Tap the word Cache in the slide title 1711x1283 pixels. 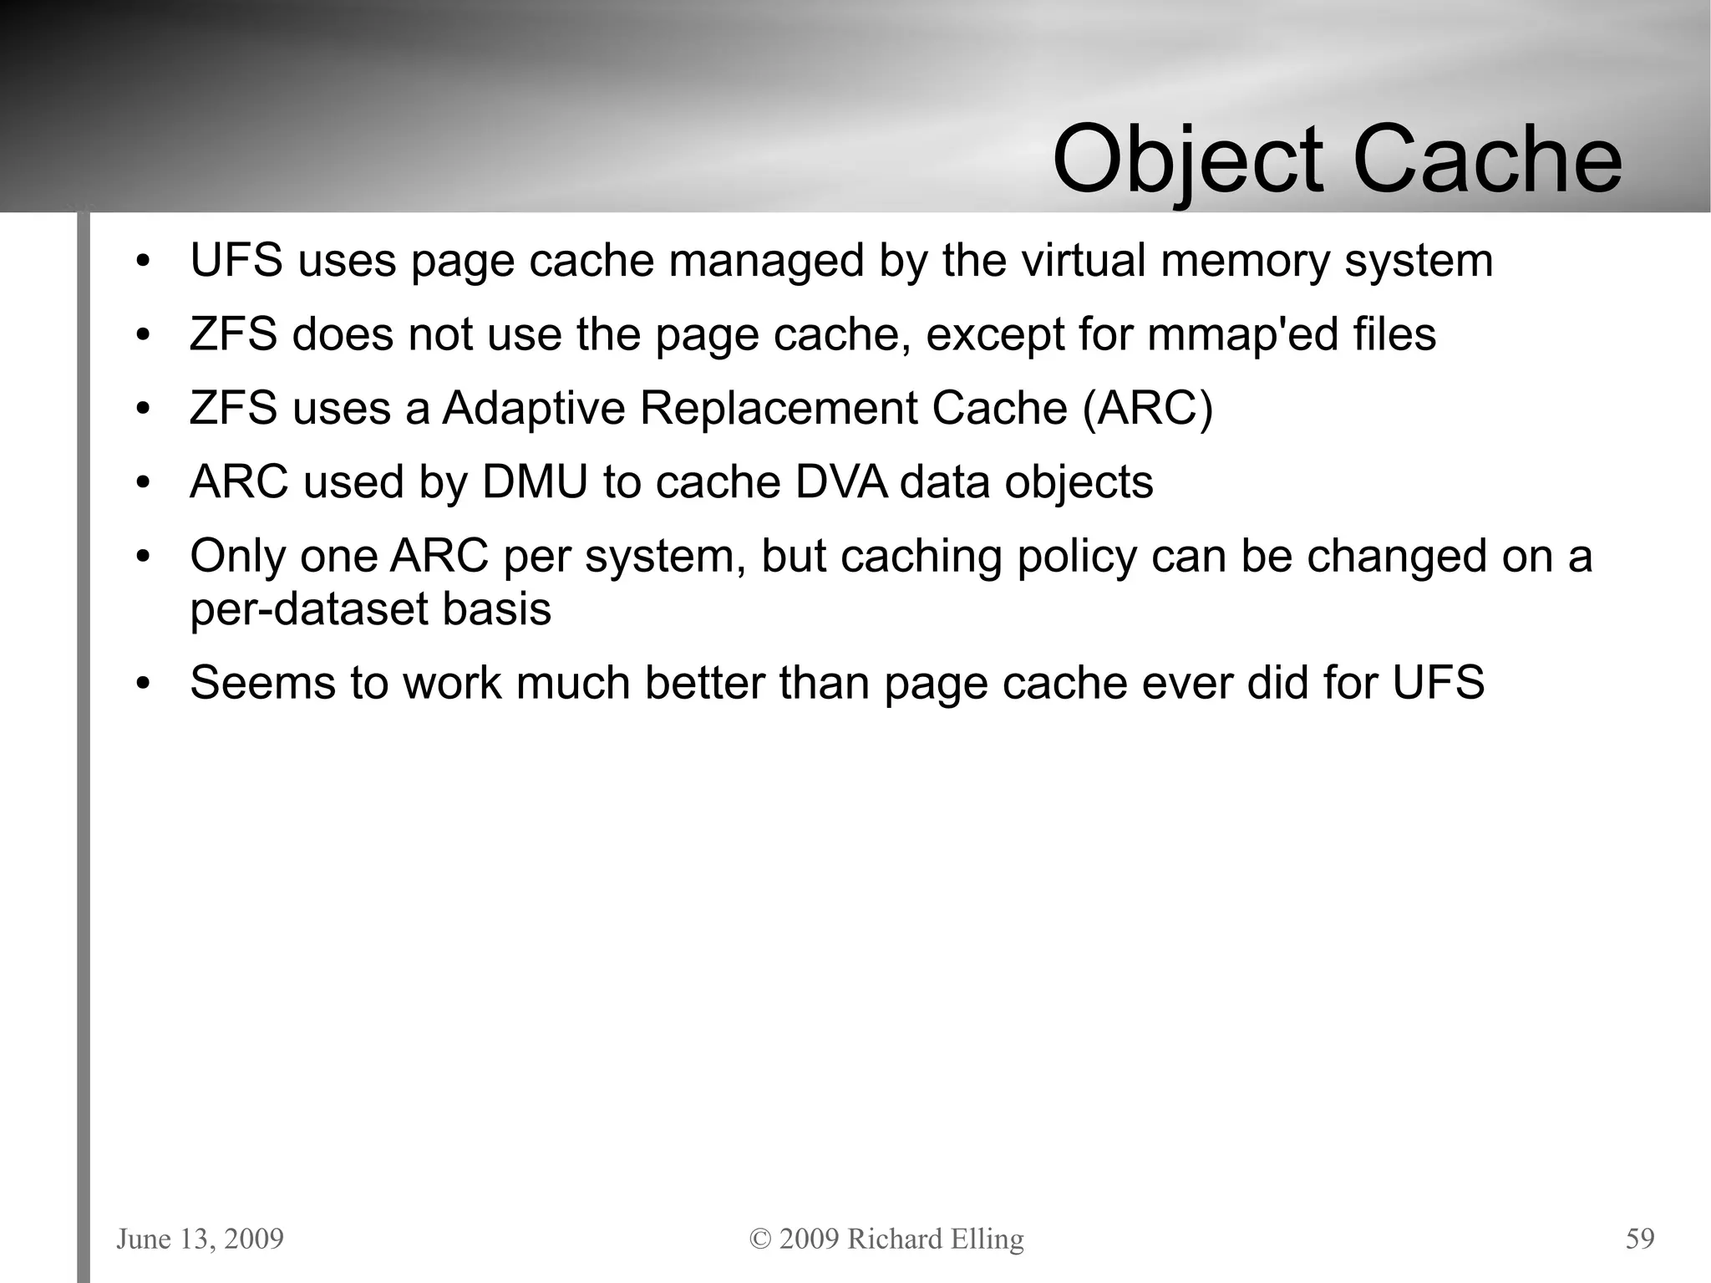point(1487,159)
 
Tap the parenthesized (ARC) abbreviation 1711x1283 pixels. point(1147,409)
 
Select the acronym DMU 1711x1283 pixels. point(535,482)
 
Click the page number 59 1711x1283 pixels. point(1639,1239)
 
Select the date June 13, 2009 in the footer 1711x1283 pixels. point(200,1239)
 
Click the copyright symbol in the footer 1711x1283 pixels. point(760,1239)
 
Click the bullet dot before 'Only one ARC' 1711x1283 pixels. point(143,557)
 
